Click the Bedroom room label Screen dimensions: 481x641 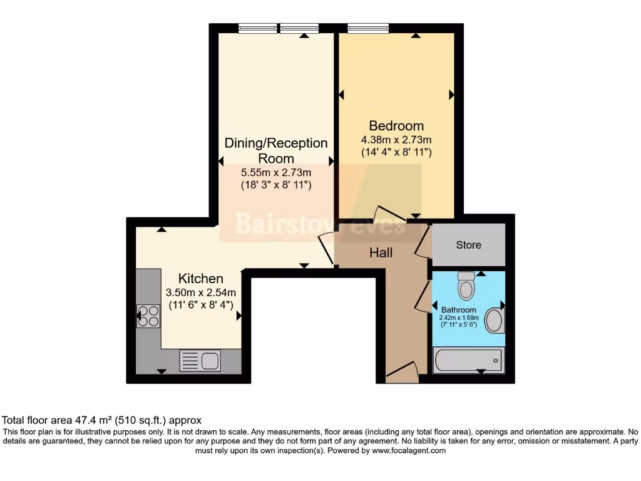pos(396,125)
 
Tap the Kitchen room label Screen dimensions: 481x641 pos(200,278)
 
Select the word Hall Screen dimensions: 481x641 pos(381,253)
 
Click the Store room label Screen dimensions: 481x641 pos(468,245)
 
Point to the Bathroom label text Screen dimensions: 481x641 pos(459,309)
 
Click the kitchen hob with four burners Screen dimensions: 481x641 pos(149,316)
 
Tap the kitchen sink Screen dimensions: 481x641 pos(200,360)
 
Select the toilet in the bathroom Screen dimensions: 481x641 pos(466,286)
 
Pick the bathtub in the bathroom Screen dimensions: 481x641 pos(468,361)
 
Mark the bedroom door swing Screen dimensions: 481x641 pos(384,214)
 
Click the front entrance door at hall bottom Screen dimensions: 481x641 pos(402,372)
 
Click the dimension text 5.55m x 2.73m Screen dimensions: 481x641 pos(276,172)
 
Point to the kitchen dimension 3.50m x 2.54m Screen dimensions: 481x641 pos(200,292)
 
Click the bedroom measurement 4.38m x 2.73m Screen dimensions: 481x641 pos(396,139)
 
